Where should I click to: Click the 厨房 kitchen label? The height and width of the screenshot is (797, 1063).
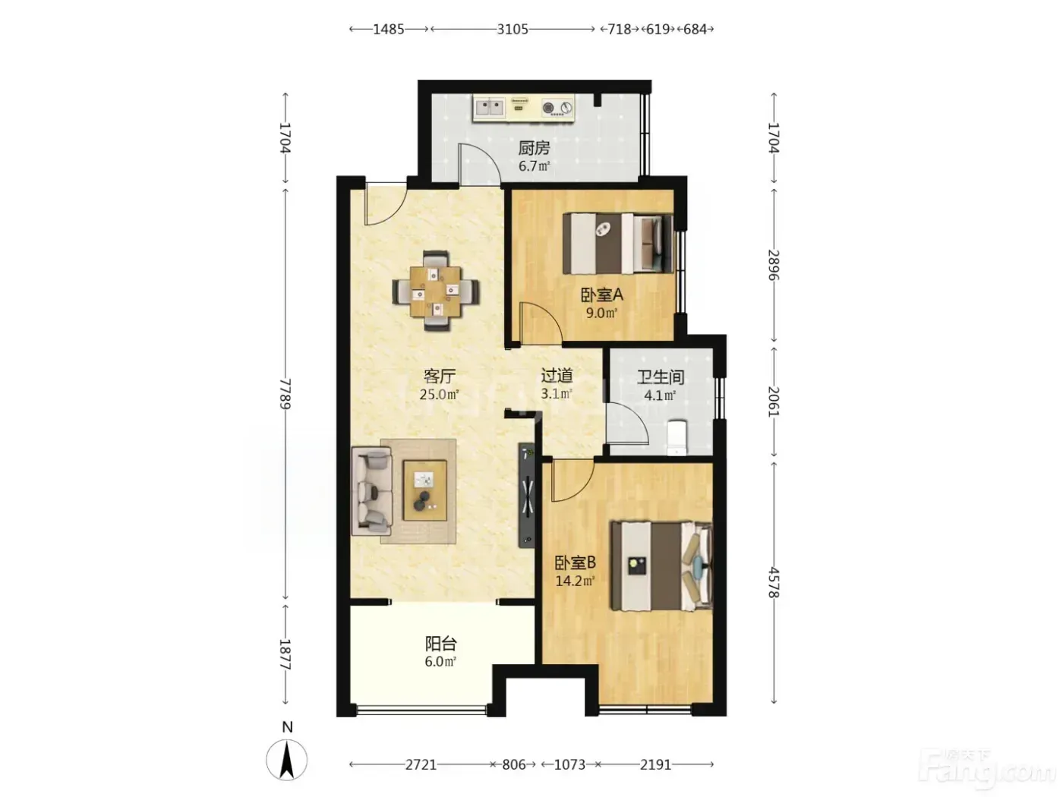pyautogui.click(x=534, y=147)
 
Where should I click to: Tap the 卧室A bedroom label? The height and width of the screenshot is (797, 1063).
pyautogui.click(x=601, y=295)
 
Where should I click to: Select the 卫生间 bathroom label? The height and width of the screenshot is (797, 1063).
pyautogui.click(x=660, y=377)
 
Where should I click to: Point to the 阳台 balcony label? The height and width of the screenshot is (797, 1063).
pyautogui.click(x=440, y=644)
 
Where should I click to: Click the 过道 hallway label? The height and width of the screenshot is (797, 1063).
pyautogui.click(x=557, y=376)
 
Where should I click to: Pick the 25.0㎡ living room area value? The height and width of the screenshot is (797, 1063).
pyautogui.click(x=439, y=395)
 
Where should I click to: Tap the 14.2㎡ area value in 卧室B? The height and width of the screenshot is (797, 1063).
pyautogui.click(x=574, y=580)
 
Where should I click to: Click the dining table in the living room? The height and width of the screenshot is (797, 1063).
pyautogui.click(x=435, y=291)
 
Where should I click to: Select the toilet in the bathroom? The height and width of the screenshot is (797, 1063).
pyautogui.click(x=677, y=438)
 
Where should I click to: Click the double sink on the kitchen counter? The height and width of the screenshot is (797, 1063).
pyautogui.click(x=490, y=107)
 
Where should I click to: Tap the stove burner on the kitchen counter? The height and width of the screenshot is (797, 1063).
pyautogui.click(x=548, y=108)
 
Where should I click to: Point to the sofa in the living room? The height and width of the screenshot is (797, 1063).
pyautogui.click(x=371, y=491)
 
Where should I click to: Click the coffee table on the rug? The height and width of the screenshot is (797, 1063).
pyautogui.click(x=424, y=490)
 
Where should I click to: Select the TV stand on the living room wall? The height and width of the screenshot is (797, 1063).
pyautogui.click(x=526, y=495)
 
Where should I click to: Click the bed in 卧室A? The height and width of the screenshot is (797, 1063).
pyautogui.click(x=617, y=244)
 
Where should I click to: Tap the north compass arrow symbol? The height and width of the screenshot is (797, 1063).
pyautogui.click(x=287, y=761)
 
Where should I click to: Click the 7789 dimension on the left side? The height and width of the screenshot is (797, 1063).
pyautogui.click(x=285, y=394)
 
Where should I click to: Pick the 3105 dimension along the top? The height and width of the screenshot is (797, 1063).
pyautogui.click(x=513, y=30)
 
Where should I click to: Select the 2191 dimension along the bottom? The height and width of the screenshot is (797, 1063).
pyautogui.click(x=656, y=764)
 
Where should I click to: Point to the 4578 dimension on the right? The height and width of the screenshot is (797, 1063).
pyautogui.click(x=774, y=583)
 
